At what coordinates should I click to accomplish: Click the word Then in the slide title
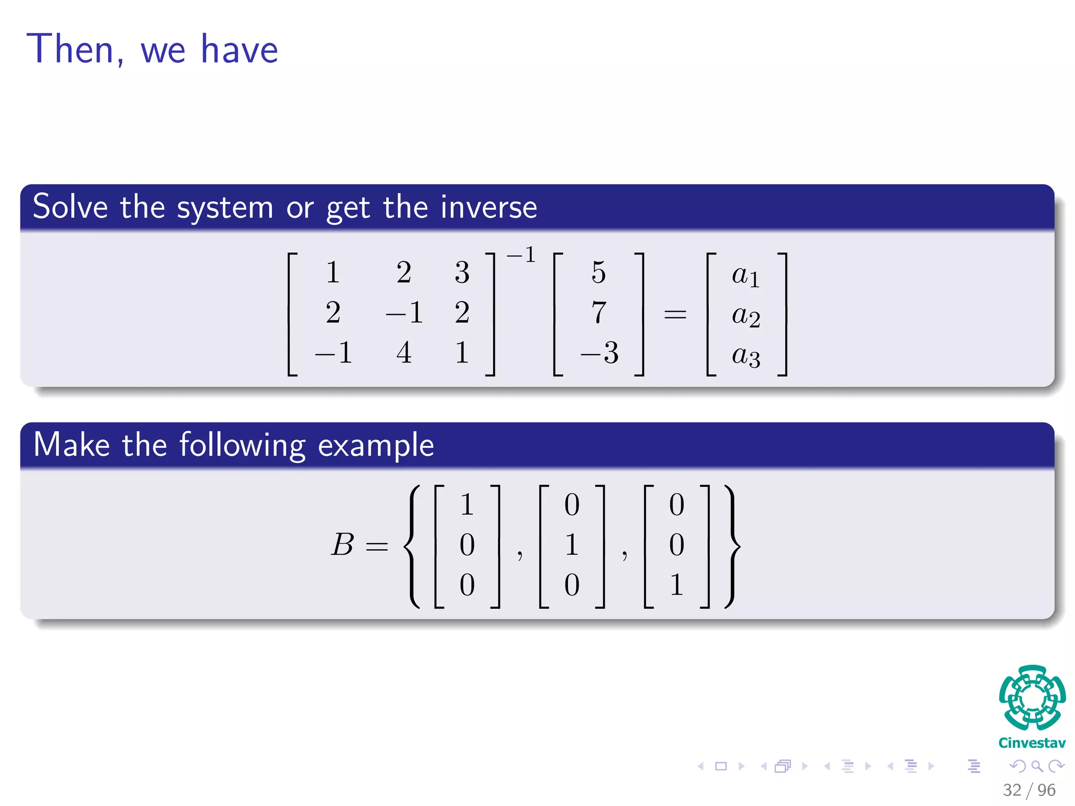coord(70,49)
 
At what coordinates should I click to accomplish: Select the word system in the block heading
coord(225,208)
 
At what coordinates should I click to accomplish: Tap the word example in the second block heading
coord(376,446)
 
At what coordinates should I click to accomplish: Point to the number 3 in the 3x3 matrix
coord(462,272)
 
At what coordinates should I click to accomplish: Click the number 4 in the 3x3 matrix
coord(404,352)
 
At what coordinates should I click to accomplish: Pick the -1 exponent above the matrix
coord(521,255)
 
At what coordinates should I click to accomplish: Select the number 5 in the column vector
coord(598,272)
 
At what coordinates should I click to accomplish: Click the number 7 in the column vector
coord(598,312)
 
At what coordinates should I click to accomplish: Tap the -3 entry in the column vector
coord(599,352)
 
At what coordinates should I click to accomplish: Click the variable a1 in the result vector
coord(746,275)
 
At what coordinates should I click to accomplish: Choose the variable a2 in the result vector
coord(746,315)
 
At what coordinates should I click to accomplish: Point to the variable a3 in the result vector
coord(746,356)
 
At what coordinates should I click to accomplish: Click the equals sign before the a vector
coord(675,314)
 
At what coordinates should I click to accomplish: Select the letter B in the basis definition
coord(343,544)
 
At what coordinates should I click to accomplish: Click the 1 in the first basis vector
coord(467,504)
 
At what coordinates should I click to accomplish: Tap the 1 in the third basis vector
coord(677,585)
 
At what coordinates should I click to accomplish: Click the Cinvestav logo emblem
coord(1032,697)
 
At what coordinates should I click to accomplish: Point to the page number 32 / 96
coord(1029,790)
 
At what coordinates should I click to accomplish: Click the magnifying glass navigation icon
coord(1037,766)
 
